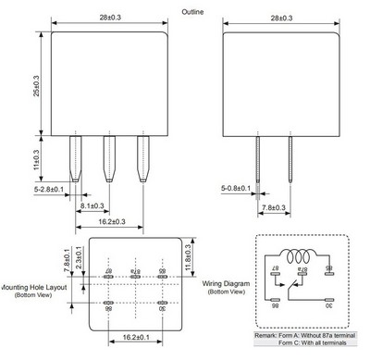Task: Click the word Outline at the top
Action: [192, 10]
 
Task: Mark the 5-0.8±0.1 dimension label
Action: [236, 189]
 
